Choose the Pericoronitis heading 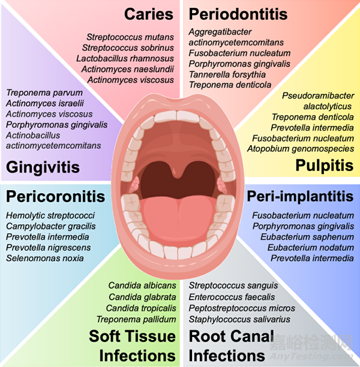(x=56, y=196)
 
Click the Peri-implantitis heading (x=301, y=196)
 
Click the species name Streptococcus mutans (x=130, y=37)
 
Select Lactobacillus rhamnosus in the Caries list (x=125, y=59)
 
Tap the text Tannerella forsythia (x=227, y=74)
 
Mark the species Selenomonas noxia (x=45, y=258)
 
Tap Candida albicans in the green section (x=142, y=286)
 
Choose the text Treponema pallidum (x=136, y=319)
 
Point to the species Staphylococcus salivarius (x=240, y=319)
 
